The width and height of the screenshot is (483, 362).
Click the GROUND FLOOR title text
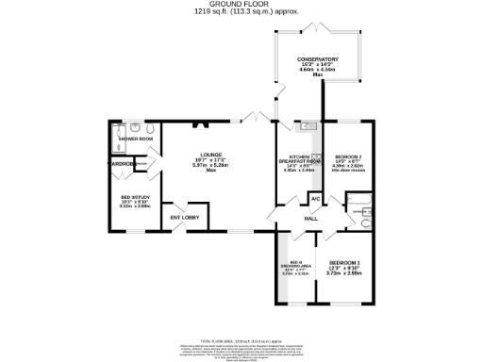pyautogui.click(x=241, y=5)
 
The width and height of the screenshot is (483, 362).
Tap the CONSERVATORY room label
pyautogui.click(x=318, y=59)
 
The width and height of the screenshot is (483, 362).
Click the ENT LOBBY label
pyautogui.click(x=182, y=218)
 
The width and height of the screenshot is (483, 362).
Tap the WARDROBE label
pyautogui.click(x=119, y=164)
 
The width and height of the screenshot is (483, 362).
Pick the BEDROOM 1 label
pyautogui.click(x=343, y=262)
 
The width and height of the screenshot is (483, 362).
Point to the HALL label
pyautogui.click(x=309, y=219)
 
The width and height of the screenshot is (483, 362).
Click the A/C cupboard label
pyautogui.click(x=314, y=198)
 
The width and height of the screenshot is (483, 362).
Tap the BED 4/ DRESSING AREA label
pyautogui.click(x=294, y=265)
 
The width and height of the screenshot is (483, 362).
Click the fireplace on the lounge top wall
pyautogui.click(x=197, y=123)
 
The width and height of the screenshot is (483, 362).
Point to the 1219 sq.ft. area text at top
pyautogui.click(x=241, y=12)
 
